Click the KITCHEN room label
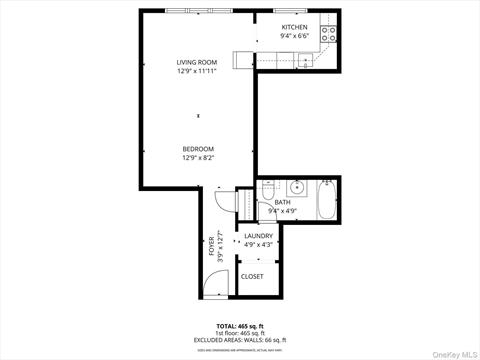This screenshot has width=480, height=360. click(x=295, y=27)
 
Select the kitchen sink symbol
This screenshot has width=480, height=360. click(x=305, y=59)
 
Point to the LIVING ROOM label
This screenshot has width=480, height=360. click(x=197, y=62)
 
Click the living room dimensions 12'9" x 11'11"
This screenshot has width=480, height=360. click(x=197, y=71)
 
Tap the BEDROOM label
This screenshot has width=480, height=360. click(x=198, y=149)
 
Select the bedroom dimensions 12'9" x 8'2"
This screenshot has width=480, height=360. click(x=198, y=158)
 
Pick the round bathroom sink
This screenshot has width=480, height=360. click(x=297, y=187)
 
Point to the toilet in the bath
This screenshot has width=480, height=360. click(x=268, y=191)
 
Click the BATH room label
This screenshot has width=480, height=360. click(x=283, y=203)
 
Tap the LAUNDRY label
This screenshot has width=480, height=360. click(x=258, y=236)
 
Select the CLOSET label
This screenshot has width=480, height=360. click(x=252, y=276)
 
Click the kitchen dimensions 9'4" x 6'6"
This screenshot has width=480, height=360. click(x=295, y=36)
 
